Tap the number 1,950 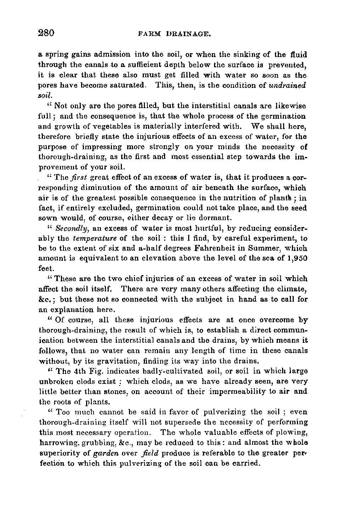pyautogui.click(x=297, y=259)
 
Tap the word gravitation pyautogui.click(x=111, y=361)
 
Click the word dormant pyautogui.click(x=214, y=218)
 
